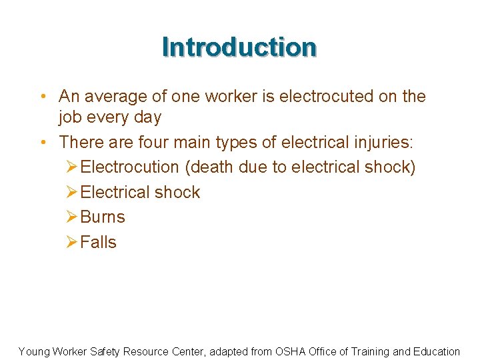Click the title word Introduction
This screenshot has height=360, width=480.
tap(239, 47)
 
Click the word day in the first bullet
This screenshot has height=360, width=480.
tap(147, 118)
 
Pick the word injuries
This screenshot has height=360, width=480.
tap(377, 142)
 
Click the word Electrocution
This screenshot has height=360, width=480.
tap(129, 167)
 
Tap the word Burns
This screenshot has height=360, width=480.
tap(102, 217)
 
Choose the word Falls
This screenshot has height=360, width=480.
tap(98, 242)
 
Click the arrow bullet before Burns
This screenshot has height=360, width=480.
tap(72, 217)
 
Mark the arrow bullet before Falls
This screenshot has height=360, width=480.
tap(72, 243)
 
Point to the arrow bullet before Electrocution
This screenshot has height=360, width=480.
tap(72, 167)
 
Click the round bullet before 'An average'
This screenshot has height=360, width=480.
tap(43, 97)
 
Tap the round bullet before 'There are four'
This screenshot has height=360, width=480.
tap(43, 143)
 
